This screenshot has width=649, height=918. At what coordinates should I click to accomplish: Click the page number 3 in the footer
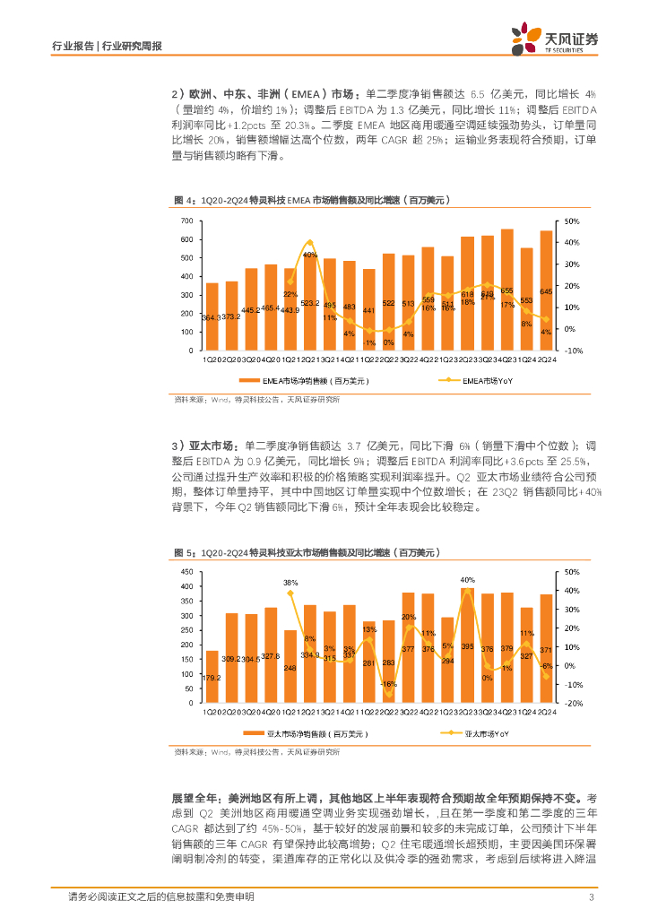coord(592,897)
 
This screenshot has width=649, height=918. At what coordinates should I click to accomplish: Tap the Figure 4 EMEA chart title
coord(310,200)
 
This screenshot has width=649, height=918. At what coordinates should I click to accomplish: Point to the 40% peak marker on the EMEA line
coord(310,242)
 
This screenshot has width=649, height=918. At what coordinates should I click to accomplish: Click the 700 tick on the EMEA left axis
coord(186,221)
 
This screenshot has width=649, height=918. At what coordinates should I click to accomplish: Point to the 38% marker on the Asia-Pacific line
coord(290,593)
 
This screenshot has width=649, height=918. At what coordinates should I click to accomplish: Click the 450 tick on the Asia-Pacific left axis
coord(186,572)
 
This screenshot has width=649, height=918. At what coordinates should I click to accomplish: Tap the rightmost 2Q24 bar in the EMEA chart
coord(546,290)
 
